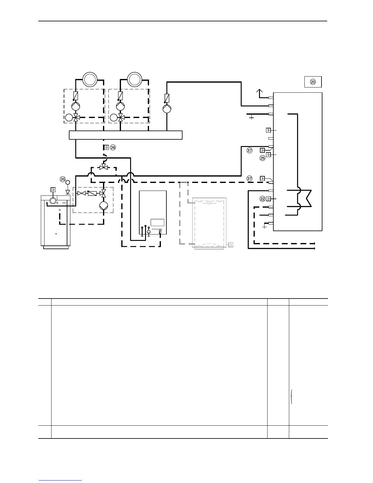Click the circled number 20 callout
tap(313, 82)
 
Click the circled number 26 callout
tap(113, 148)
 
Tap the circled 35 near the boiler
tap(63, 179)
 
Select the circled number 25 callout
tap(262, 158)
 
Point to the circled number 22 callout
tap(262, 199)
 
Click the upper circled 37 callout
tap(250, 150)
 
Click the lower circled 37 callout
tap(250, 178)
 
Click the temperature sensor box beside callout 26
tap(106, 147)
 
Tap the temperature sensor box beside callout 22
tap(268, 199)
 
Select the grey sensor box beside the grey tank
tap(231, 245)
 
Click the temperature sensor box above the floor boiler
tap(53, 189)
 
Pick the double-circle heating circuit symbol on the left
tap(90, 79)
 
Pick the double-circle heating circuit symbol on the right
tap(134, 79)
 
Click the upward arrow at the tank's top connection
tap(259, 91)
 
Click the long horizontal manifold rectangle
tap(126, 135)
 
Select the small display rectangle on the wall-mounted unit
tap(158, 223)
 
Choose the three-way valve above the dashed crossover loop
tap(104, 167)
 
